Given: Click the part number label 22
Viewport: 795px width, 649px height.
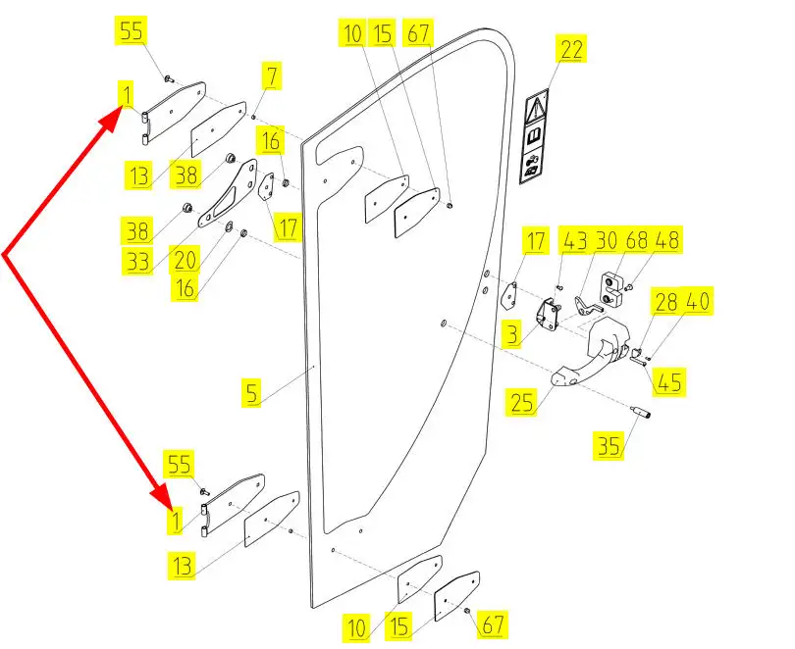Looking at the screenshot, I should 571,49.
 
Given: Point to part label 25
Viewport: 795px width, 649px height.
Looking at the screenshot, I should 522,400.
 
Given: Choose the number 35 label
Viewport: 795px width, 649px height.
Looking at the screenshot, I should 609,446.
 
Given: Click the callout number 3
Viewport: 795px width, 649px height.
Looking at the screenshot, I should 511,335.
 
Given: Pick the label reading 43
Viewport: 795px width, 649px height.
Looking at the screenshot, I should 573,239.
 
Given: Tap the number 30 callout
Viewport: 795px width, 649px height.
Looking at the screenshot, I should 606,239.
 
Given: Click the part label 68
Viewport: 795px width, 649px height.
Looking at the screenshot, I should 637,239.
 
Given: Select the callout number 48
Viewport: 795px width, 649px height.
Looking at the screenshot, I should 669,239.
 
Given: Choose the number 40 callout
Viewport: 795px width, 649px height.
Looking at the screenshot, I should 699,302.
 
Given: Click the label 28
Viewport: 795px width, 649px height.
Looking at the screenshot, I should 666,302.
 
